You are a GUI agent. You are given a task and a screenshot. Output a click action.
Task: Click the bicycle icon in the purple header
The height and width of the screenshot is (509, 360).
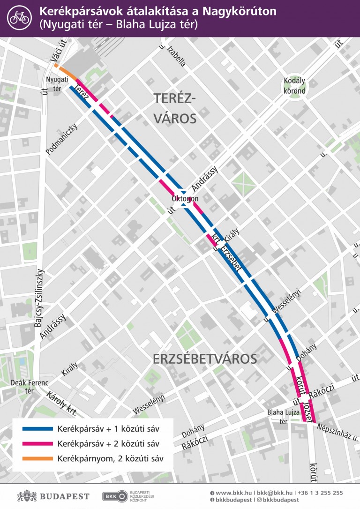tap(19, 17)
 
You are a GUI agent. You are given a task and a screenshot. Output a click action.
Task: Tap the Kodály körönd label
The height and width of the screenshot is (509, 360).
tap(295, 86)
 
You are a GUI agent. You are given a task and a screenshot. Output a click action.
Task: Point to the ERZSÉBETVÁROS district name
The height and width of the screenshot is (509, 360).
tap(205, 359)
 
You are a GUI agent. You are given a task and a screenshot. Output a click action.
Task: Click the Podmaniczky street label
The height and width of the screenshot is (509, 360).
tap(61, 139)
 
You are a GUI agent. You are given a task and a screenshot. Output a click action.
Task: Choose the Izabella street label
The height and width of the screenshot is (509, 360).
tap(173, 55)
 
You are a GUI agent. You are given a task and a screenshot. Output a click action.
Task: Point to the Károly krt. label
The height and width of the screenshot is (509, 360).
tap(61, 404)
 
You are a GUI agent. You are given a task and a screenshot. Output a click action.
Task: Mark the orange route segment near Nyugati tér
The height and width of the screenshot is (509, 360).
tap(66, 73)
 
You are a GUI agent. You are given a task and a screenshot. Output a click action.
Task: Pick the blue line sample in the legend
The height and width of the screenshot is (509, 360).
tap(37, 429)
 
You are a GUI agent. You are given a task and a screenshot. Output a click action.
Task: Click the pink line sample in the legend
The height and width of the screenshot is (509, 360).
tap(37, 444)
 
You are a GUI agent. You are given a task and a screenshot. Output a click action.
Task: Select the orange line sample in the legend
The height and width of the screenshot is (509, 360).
tap(37, 459)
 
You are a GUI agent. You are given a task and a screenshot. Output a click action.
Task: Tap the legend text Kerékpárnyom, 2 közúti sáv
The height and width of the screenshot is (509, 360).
tap(110, 459)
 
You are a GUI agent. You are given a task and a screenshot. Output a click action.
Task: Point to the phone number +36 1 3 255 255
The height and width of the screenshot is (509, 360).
tap(321, 493)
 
